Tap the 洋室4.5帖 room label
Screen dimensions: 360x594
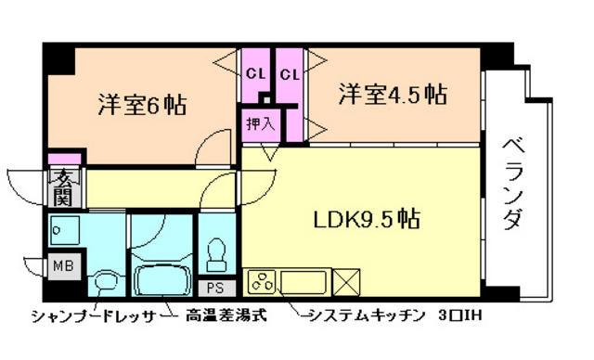pos(392,95)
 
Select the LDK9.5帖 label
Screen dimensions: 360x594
pos(365,220)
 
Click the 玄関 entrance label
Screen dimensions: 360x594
pos(62,186)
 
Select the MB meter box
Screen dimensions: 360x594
pos(62,265)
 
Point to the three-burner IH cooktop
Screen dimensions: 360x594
pos(262,281)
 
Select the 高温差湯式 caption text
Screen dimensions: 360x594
pos(226,315)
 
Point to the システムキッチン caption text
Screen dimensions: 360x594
pos(368,315)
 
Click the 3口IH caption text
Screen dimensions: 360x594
pos(460,315)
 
